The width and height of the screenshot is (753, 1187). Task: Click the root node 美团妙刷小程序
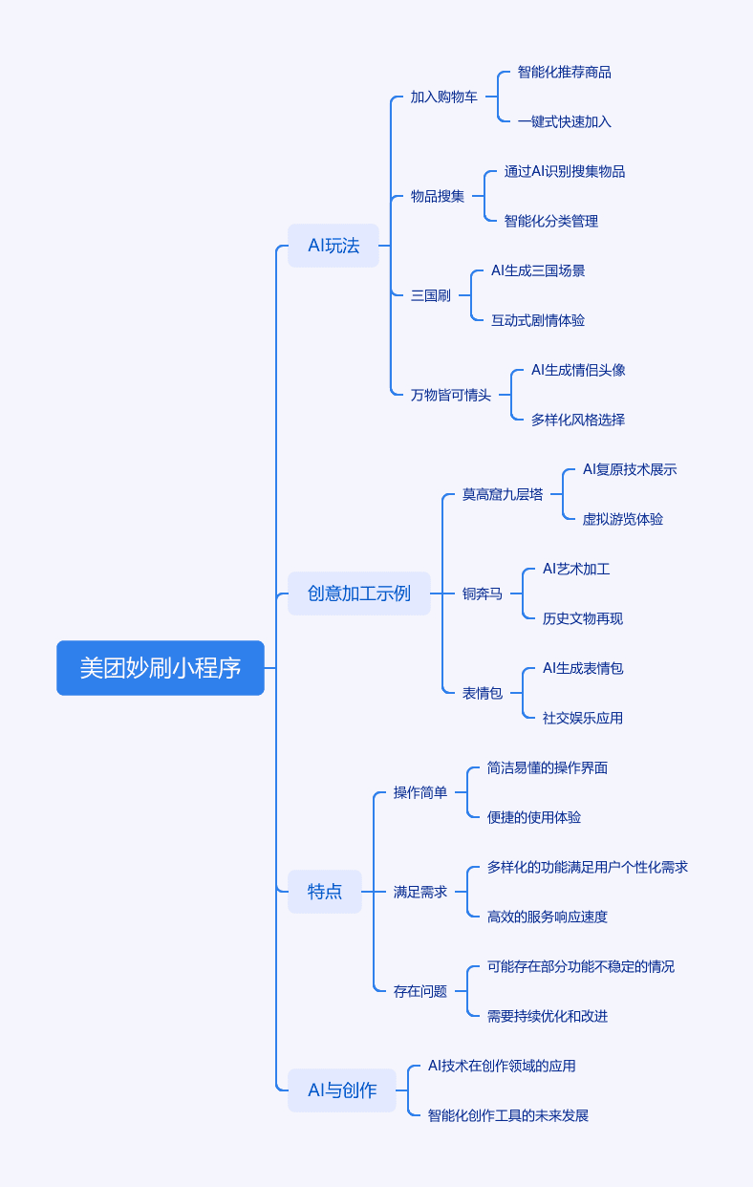pyautogui.click(x=160, y=668)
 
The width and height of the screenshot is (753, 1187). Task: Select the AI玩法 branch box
pyautogui.click(x=333, y=246)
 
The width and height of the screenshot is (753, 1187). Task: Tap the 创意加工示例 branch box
pyautogui.click(x=358, y=593)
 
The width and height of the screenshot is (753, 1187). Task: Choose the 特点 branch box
pyautogui.click(x=324, y=892)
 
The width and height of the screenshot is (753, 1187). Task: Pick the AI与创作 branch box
pyautogui.click(x=342, y=1090)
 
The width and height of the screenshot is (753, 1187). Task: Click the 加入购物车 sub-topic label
pyautogui.click(x=444, y=97)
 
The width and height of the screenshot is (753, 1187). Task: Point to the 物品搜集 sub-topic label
pyautogui.click(x=437, y=197)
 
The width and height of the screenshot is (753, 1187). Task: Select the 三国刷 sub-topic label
pyautogui.click(x=430, y=295)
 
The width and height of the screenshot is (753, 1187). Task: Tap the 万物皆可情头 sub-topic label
pyautogui.click(x=451, y=395)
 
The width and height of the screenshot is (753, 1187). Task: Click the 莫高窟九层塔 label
pyautogui.click(x=503, y=494)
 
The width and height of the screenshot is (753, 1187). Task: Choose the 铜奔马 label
pyautogui.click(x=483, y=593)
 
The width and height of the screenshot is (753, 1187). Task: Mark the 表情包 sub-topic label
pyautogui.click(x=483, y=693)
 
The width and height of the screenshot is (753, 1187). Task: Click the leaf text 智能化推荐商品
pyautogui.click(x=565, y=72)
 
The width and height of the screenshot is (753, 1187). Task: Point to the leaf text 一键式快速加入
pyautogui.click(x=565, y=122)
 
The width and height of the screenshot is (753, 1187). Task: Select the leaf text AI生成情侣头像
pyautogui.click(x=578, y=370)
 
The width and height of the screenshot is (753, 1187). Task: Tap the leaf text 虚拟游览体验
pyautogui.click(x=623, y=519)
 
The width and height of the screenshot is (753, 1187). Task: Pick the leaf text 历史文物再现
pyautogui.click(x=582, y=618)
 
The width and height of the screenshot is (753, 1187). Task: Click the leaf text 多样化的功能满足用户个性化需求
pyautogui.click(x=587, y=867)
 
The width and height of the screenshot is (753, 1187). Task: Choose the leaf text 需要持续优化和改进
pyautogui.click(x=548, y=1016)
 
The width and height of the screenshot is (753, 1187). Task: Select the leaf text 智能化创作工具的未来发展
pyautogui.click(x=508, y=1115)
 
